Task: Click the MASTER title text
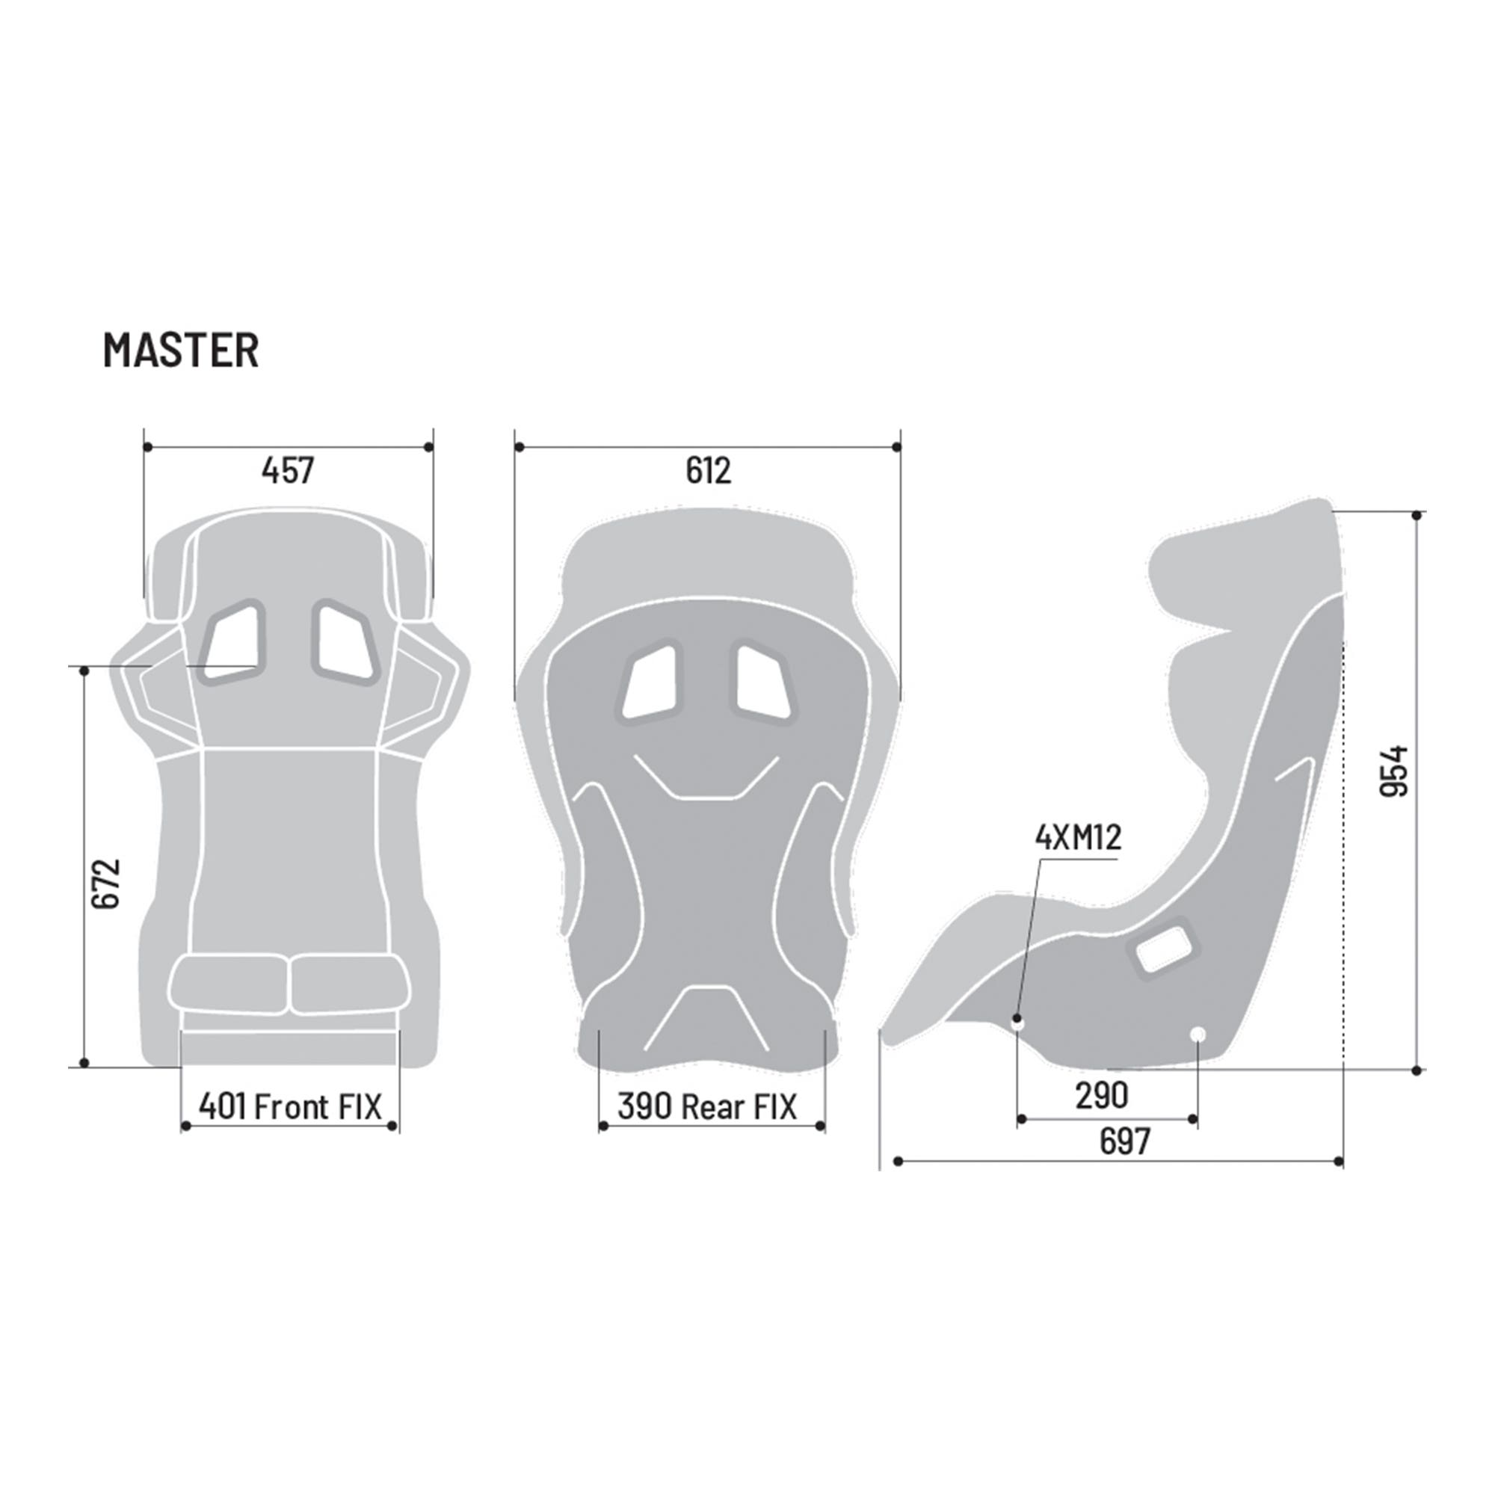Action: point(180,350)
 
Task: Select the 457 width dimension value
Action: point(287,470)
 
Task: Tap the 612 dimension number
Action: point(707,470)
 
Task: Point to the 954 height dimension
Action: point(1395,771)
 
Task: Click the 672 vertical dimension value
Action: point(105,883)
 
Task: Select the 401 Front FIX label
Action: point(290,1106)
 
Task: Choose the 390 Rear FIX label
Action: point(706,1106)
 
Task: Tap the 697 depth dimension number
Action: point(1124,1141)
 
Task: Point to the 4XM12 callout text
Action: point(1078,839)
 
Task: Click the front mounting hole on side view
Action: point(1018,1024)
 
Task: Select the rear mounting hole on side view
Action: point(1197,1034)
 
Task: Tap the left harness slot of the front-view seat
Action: point(233,642)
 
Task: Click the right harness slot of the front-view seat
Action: point(345,642)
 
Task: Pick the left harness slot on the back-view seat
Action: point(650,681)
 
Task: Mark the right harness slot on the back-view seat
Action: point(763,681)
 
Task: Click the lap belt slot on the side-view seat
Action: point(1165,948)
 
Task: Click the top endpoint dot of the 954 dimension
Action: point(1416,515)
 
